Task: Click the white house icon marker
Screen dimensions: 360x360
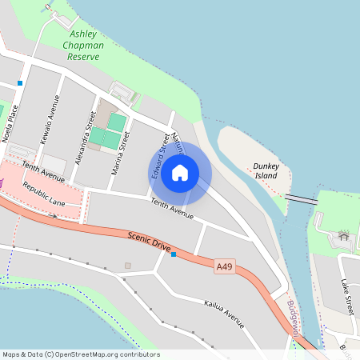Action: pyautogui.click(x=180, y=173)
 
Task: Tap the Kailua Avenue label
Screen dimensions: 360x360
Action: pyautogui.click(x=223, y=313)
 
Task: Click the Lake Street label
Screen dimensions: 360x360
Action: pyautogui.click(x=347, y=296)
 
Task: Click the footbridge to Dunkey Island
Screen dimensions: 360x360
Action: pyautogui.click(x=301, y=198)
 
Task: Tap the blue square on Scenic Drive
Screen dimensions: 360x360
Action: pyautogui.click(x=174, y=254)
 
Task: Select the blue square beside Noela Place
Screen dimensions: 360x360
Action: pyautogui.click(x=19, y=82)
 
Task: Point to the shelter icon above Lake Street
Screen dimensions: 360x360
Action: pyautogui.click(x=344, y=235)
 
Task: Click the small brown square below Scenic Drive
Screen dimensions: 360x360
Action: pyautogui.click(x=127, y=265)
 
